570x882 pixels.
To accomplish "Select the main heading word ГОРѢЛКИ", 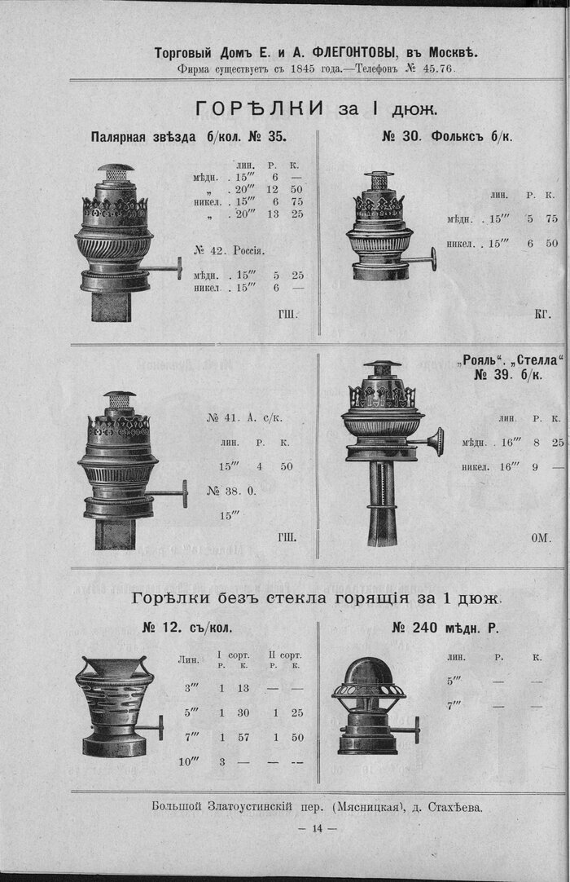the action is [x=259, y=108].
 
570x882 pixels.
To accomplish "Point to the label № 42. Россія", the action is [x=230, y=250].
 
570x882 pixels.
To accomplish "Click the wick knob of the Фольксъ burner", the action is [x=433, y=259].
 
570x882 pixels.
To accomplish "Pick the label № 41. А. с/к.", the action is [x=244, y=418].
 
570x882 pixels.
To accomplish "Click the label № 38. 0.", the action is [x=231, y=491].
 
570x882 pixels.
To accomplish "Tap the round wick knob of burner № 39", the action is [x=436, y=440].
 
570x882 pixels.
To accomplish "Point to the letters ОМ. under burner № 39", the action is [x=541, y=538].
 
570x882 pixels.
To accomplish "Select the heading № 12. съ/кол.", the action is [x=187, y=628].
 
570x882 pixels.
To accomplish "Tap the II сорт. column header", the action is [x=284, y=655].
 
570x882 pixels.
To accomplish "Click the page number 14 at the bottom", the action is [x=317, y=828].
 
